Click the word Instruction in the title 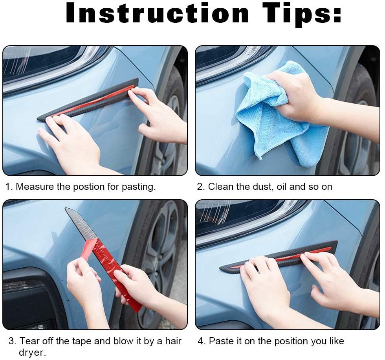tap(157, 14)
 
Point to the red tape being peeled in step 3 tap(118, 271)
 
